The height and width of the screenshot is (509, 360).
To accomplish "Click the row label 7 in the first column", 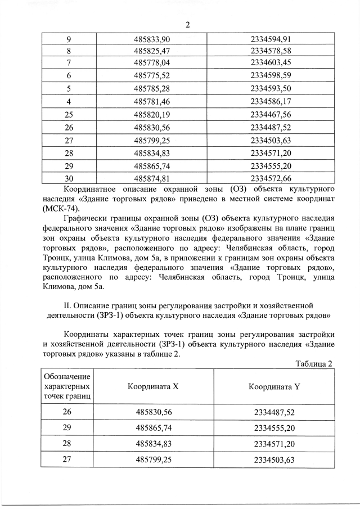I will [68, 62].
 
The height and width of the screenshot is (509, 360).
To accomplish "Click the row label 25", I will [68, 115].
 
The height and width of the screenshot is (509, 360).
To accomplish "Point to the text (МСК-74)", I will [61, 208].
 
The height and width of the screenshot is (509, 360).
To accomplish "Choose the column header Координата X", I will [152, 387].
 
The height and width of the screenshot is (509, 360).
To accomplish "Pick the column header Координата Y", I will [274, 387].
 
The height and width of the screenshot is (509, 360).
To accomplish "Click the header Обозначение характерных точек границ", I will [67, 387].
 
